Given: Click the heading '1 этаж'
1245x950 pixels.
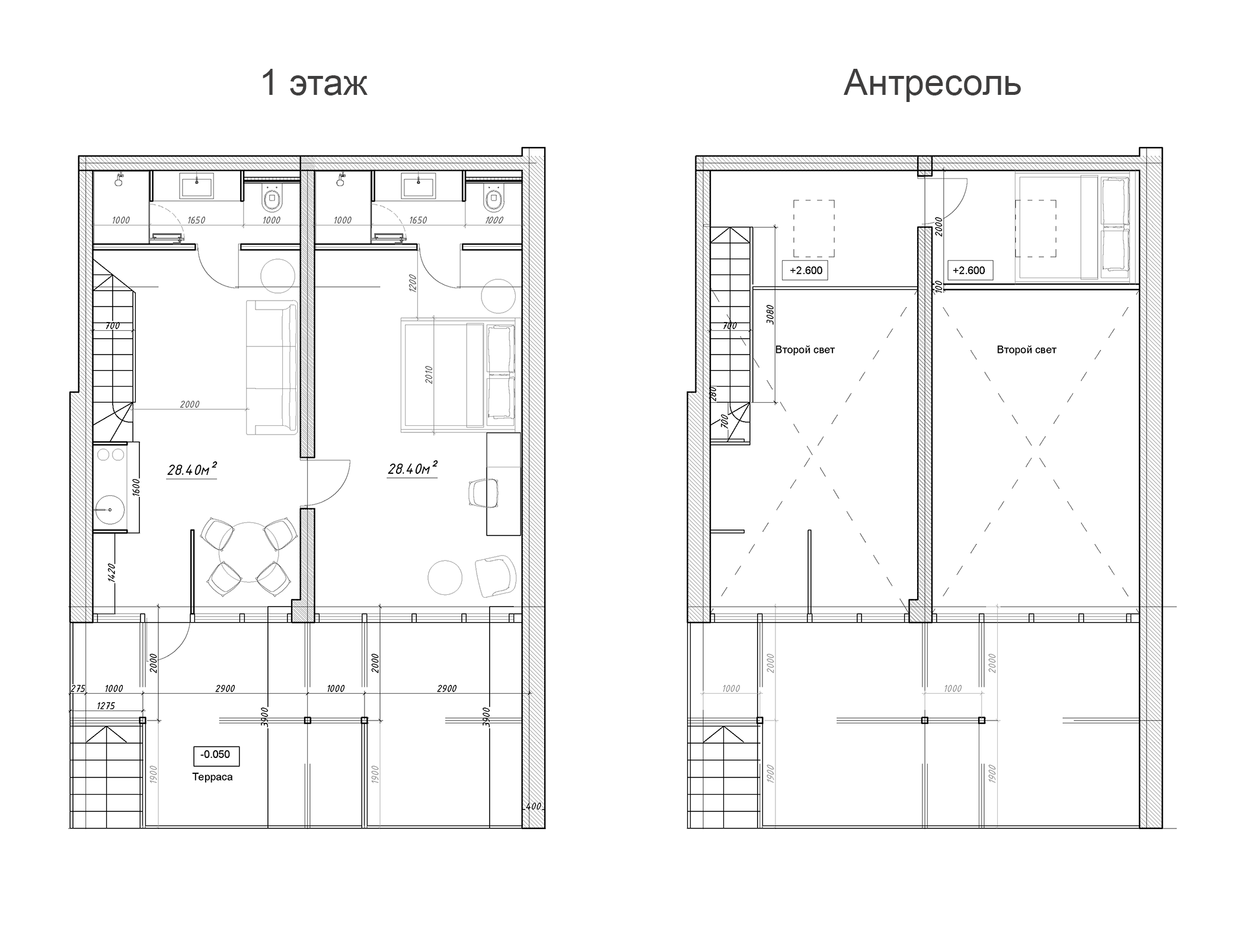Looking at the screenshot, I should [x=314, y=83].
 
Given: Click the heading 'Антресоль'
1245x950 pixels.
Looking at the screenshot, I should [x=932, y=83].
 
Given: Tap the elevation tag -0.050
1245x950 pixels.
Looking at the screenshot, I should [x=216, y=755].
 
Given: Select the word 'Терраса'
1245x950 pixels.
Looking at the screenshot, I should [x=212, y=777].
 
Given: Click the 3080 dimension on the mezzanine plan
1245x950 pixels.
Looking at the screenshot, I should [x=770, y=314].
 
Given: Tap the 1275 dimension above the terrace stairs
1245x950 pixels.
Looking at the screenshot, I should [x=106, y=706].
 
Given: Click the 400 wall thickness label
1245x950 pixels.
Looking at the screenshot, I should [x=533, y=806].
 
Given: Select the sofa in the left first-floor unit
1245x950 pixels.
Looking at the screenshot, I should [x=273, y=368].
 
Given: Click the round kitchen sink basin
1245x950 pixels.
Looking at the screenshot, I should [x=109, y=509].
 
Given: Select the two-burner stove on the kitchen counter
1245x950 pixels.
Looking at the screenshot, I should [x=110, y=455].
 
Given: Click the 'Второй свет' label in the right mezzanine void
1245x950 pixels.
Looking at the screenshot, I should [x=1026, y=350].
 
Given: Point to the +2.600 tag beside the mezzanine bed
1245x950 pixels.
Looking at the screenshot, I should [x=969, y=270].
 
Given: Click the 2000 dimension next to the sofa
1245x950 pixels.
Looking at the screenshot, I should [x=190, y=404].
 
